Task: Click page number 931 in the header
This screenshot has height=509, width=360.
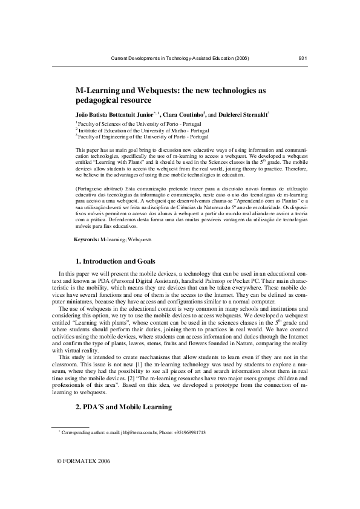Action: click(x=304, y=58)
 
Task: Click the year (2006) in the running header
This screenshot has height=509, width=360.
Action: click(x=239, y=58)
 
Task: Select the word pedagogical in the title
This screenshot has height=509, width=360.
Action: click(x=97, y=100)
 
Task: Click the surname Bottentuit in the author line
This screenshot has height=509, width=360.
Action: click(x=113, y=114)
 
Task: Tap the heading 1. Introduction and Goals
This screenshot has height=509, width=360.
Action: click(x=116, y=262)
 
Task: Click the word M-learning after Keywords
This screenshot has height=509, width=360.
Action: click(x=113, y=240)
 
